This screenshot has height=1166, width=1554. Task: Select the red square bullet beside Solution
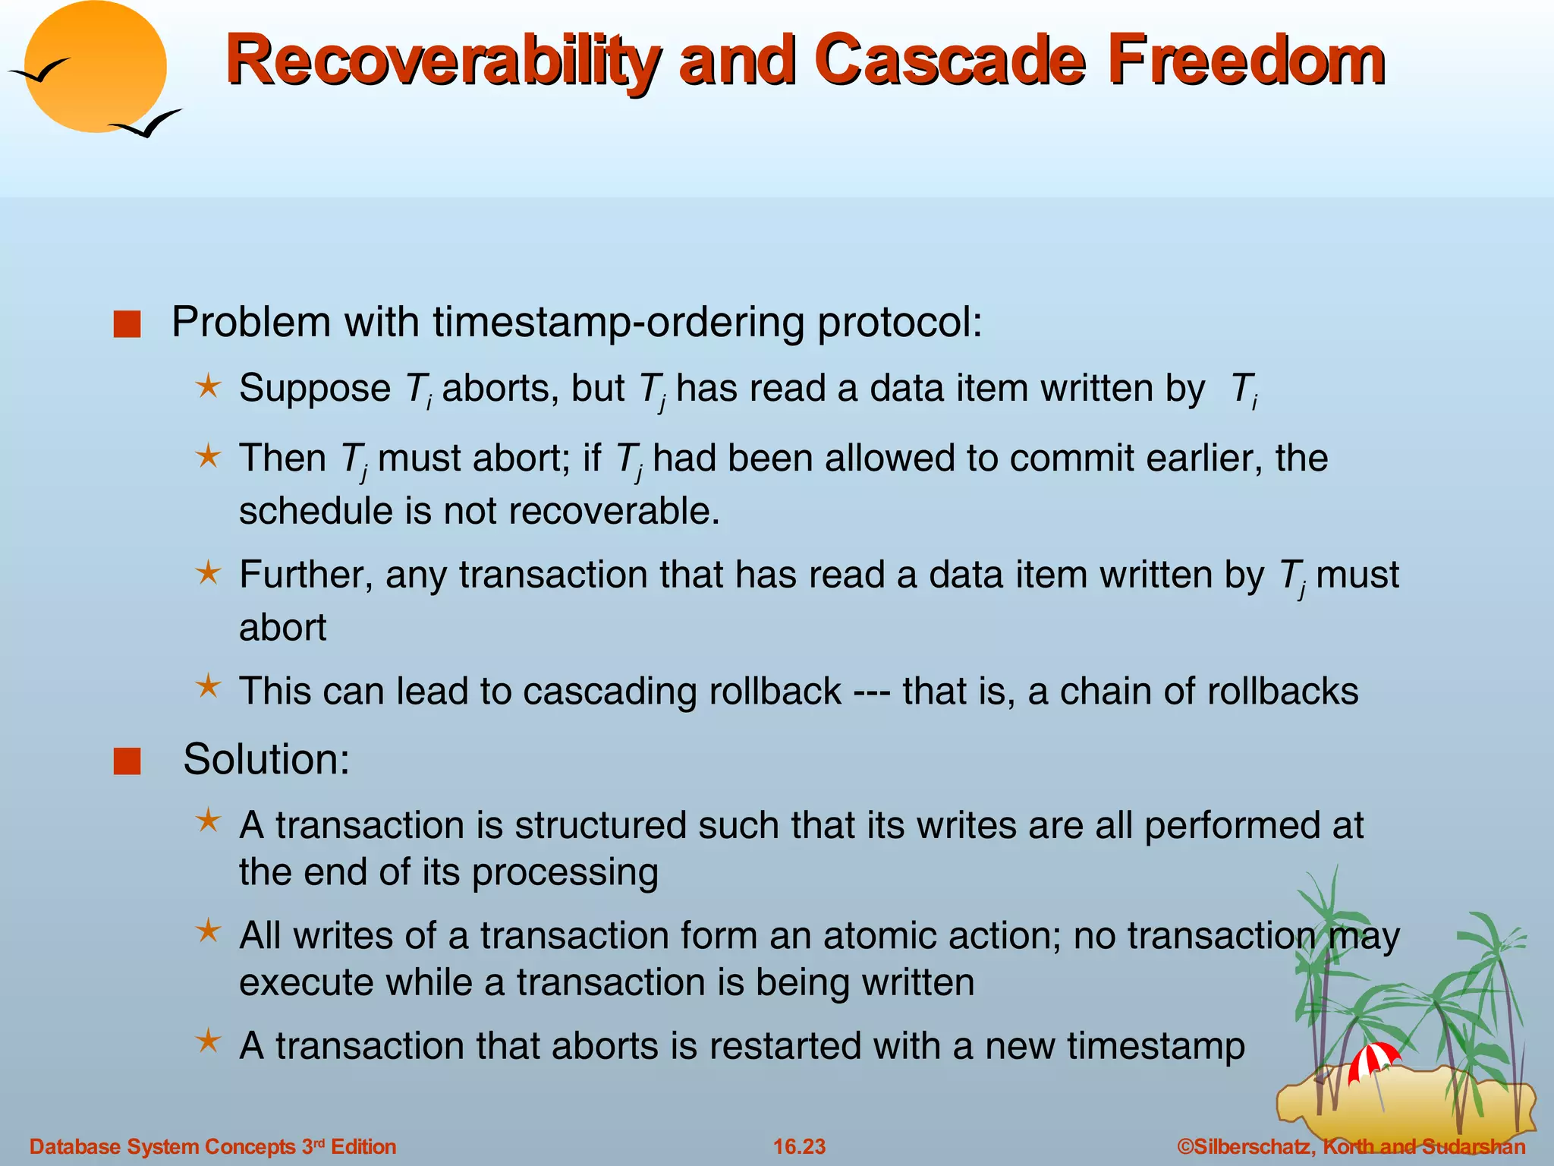point(127,761)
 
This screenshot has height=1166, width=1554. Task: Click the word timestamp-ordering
point(618,322)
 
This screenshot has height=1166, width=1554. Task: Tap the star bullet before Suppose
point(208,387)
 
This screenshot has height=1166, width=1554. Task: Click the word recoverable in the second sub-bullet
point(615,510)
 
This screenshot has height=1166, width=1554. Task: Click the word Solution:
point(266,759)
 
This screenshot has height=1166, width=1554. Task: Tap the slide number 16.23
point(799,1146)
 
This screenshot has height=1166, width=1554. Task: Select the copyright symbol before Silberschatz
point(1185,1146)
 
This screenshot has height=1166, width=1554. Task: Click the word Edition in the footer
point(363,1146)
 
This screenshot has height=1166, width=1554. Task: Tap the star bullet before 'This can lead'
point(208,687)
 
